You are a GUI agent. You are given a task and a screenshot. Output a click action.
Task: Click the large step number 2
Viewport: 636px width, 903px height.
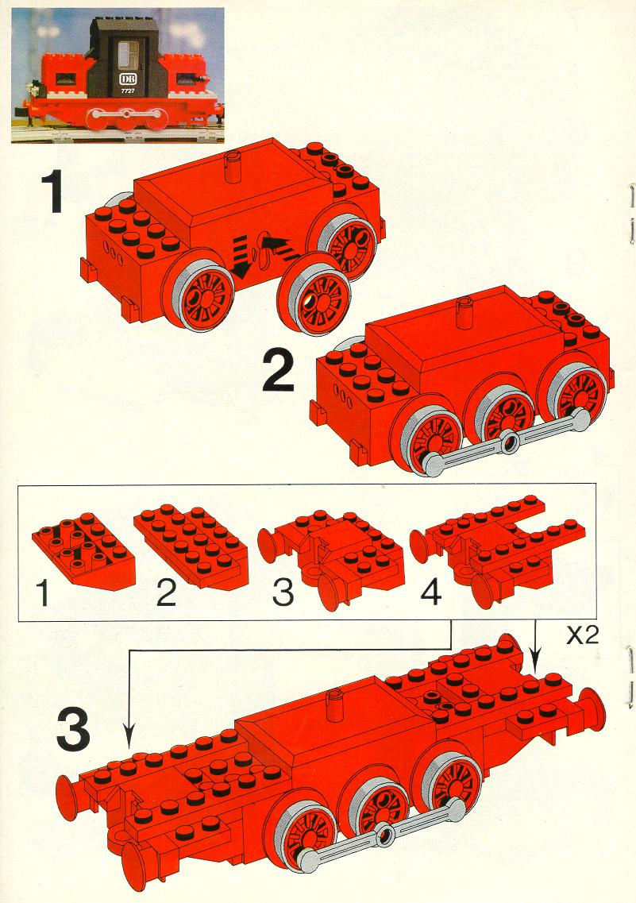tap(278, 372)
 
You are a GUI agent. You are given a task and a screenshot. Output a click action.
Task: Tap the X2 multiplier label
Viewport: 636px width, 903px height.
tap(583, 635)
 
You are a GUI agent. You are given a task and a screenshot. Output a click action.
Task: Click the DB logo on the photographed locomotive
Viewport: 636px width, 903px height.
tap(125, 79)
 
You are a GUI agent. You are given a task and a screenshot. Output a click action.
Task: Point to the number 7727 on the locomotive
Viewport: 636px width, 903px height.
tap(127, 91)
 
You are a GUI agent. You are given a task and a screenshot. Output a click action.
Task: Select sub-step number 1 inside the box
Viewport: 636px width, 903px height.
tap(42, 593)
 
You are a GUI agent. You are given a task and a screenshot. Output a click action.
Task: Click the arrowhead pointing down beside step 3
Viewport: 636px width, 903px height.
tap(129, 735)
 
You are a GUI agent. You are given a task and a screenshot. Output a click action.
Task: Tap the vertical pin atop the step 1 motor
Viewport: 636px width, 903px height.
tap(233, 167)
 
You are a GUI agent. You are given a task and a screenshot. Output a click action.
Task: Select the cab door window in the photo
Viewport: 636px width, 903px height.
tap(125, 56)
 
